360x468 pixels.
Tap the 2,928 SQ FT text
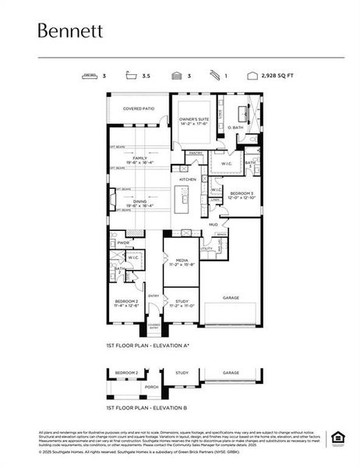click(x=279, y=76)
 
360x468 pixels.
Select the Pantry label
click(x=196, y=154)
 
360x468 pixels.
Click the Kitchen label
click(x=189, y=179)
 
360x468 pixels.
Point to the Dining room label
click(x=139, y=201)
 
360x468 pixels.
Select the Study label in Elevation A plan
click(x=182, y=302)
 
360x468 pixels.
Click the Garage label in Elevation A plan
click(x=231, y=297)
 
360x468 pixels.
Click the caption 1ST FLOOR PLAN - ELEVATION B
click(x=146, y=407)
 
